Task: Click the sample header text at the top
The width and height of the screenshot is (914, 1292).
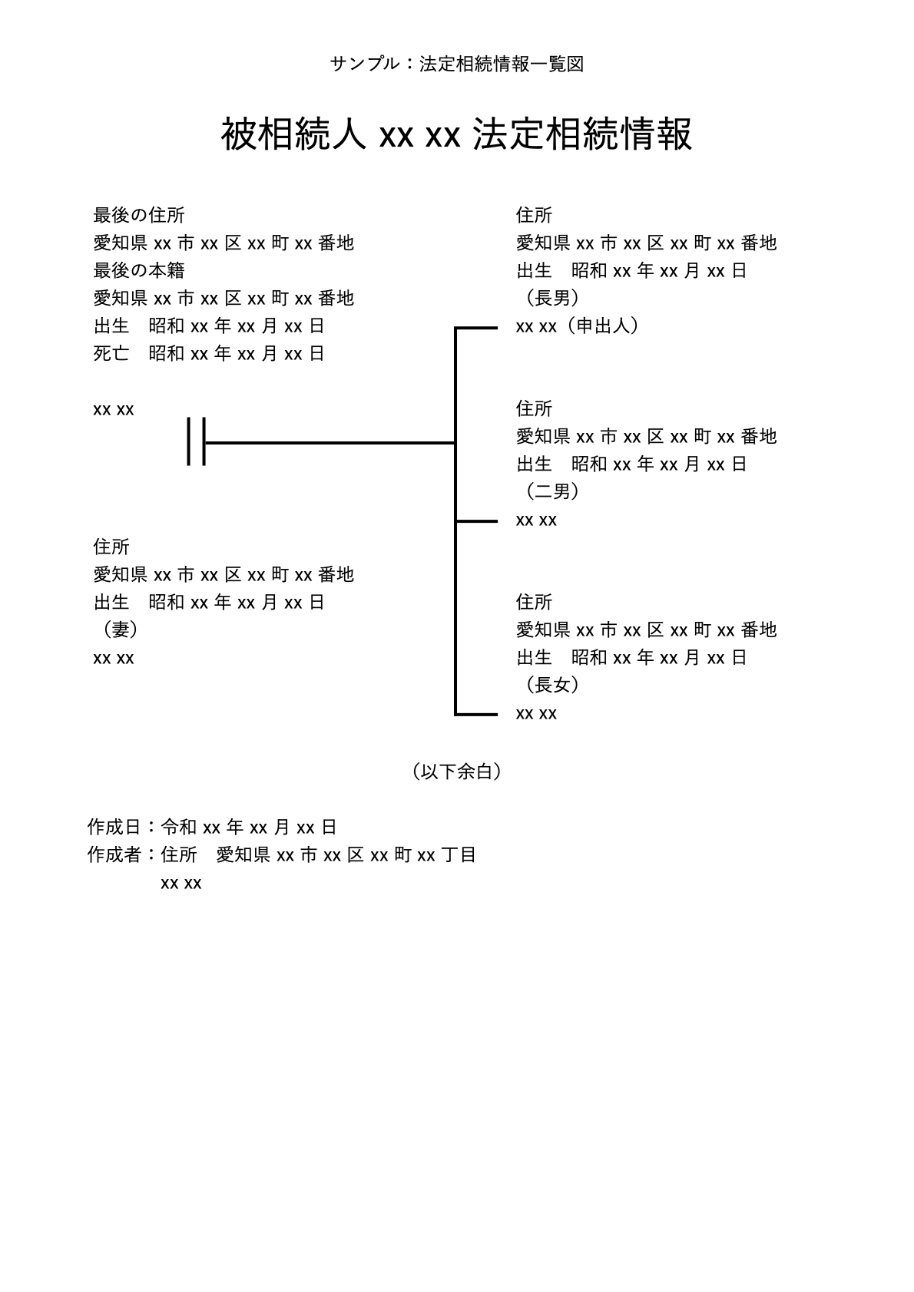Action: click(x=457, y=64)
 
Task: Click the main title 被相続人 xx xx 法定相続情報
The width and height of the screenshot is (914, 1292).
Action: click(x=457, y=134)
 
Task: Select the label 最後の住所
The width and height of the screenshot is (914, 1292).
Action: click(x=138, y=216)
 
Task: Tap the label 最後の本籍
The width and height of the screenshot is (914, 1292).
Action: click(x=138, y=271)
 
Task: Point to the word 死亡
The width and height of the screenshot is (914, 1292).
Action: click(x=111, y=354)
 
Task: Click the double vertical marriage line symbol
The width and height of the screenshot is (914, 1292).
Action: click(x=197, y=442)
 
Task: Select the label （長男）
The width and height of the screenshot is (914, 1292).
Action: click(x=552, y=299)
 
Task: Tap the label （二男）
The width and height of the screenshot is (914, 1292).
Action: click(x=552, y=492)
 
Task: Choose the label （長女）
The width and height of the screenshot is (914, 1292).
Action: click(x=552, y=686)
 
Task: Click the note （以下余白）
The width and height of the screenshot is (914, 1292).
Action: click(x=457, y=772)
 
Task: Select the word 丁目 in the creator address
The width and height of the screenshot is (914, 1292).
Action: click(x=459, y=855)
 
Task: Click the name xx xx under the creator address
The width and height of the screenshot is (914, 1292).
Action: click(x=181, y=884)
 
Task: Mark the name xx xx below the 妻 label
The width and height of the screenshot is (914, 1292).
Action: click(x=114, y=659)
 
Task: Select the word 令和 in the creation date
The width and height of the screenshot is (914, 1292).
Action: click(x=179, y=828)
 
